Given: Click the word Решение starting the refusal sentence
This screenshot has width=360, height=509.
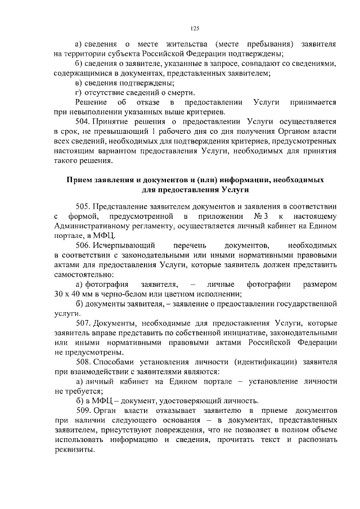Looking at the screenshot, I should [x=92, y=102].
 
